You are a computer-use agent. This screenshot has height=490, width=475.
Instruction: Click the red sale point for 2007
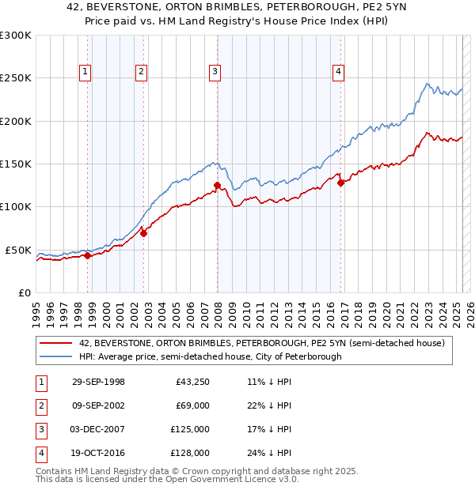pyautogui.click(x=217, y=186)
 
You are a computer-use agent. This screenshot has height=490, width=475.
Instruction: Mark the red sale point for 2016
pyautogui.click(x=340, y=183)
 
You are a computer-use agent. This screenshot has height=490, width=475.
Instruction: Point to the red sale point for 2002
pyautogui.click(x=143, y=233)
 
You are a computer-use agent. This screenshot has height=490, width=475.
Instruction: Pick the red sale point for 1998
pyautogui.click(x=88, y=255)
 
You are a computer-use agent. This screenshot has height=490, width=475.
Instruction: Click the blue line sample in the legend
pyautogui.click(x=57, y=356)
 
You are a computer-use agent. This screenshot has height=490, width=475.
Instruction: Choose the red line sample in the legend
pyautogui.click(x=57, y=343)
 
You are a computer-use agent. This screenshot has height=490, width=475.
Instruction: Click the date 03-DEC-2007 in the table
pyautogui.click(x=98, y=429)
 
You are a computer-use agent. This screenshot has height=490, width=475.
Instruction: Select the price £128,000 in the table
pyautogui.click(x=190, y=453)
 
